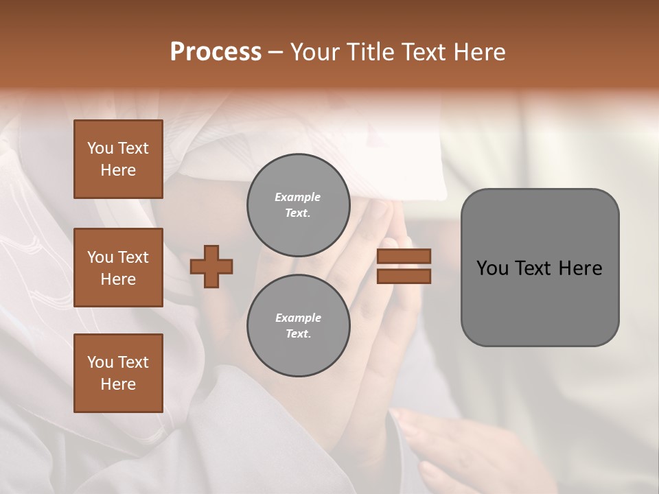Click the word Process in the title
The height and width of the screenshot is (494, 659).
(x=216, y=52)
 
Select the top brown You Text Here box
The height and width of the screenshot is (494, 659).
(x=118, y=159)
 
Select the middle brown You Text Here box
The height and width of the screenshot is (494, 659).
(x=118, y=268)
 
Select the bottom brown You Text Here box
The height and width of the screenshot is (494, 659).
(x=118, y=373)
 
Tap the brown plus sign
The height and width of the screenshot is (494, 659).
(x=211, y=266)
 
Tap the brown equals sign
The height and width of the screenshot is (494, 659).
(x=404, y=266)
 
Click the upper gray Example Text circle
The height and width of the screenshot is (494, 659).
(x=298, y=204)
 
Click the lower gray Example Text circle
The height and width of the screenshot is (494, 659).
(x=298, y=325)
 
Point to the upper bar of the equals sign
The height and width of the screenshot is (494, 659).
(x=404, y=257)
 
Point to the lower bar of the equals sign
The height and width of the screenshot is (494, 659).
(x=404, y=276)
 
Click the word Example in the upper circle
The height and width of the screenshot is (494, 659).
(x=298, y=197)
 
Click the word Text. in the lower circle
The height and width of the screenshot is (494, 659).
(x=298, y=333)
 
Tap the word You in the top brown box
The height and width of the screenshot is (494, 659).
(x=100, y=148)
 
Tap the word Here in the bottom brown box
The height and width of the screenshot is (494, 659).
(x=118, y=384)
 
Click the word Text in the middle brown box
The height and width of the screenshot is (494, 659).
(x=133, y=257)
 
